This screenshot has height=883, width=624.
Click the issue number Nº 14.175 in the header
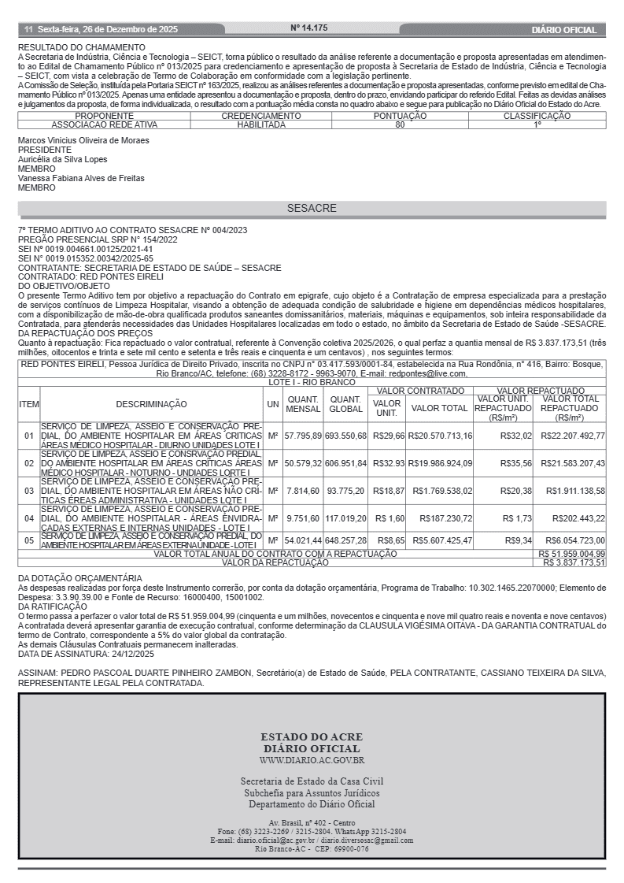[x=309, y=28]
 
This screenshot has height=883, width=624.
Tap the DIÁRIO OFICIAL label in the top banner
[x=564, y=30]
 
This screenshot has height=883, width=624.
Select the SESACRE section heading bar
[x=312, y=209]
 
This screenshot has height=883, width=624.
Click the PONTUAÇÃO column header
[x=400, y=116]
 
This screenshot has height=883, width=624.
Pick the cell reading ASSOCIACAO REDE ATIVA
[x=104, y=124]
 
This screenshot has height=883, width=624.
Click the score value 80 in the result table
[x=400, y=124]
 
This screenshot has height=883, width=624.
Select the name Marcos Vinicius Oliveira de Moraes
[x=83, y=141]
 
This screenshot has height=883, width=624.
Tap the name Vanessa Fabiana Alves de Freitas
[x=81, y=179]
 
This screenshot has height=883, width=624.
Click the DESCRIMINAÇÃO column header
[x=152, y=404]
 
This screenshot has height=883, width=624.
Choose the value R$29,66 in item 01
[x=388, y=436]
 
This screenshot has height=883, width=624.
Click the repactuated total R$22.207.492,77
[x=572, y=436]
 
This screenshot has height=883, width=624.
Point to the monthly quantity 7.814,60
[x=303, y=491]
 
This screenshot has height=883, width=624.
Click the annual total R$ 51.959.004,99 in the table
[x=572, y=555]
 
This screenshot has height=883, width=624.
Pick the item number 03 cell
[x=29, y=491]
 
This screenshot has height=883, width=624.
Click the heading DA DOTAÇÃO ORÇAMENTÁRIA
[x=80, y=578]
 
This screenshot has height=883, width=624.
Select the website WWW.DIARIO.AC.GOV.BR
[x=312, y=760]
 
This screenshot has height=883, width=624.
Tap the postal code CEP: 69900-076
[x=340, y=849]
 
